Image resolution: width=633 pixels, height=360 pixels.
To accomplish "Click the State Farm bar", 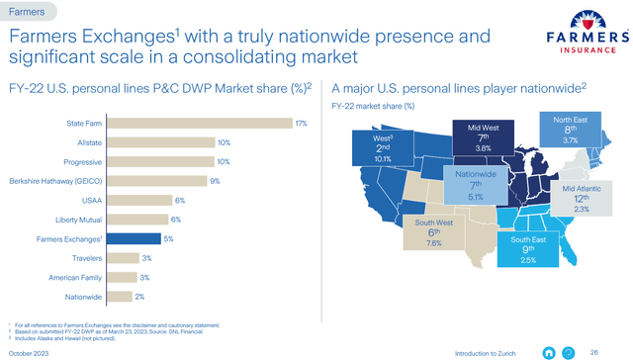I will (x=198, y=123).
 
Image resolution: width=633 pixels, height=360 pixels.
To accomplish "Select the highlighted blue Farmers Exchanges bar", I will (x=134, y=238).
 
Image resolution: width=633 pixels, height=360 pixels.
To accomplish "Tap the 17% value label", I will (x=301, y=123).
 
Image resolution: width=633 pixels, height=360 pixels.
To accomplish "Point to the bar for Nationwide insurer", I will (x=118, y=296).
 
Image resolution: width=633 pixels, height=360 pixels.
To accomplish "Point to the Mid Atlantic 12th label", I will (x=582, y=198).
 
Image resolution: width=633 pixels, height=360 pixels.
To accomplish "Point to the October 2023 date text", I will (x=32, y=352).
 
